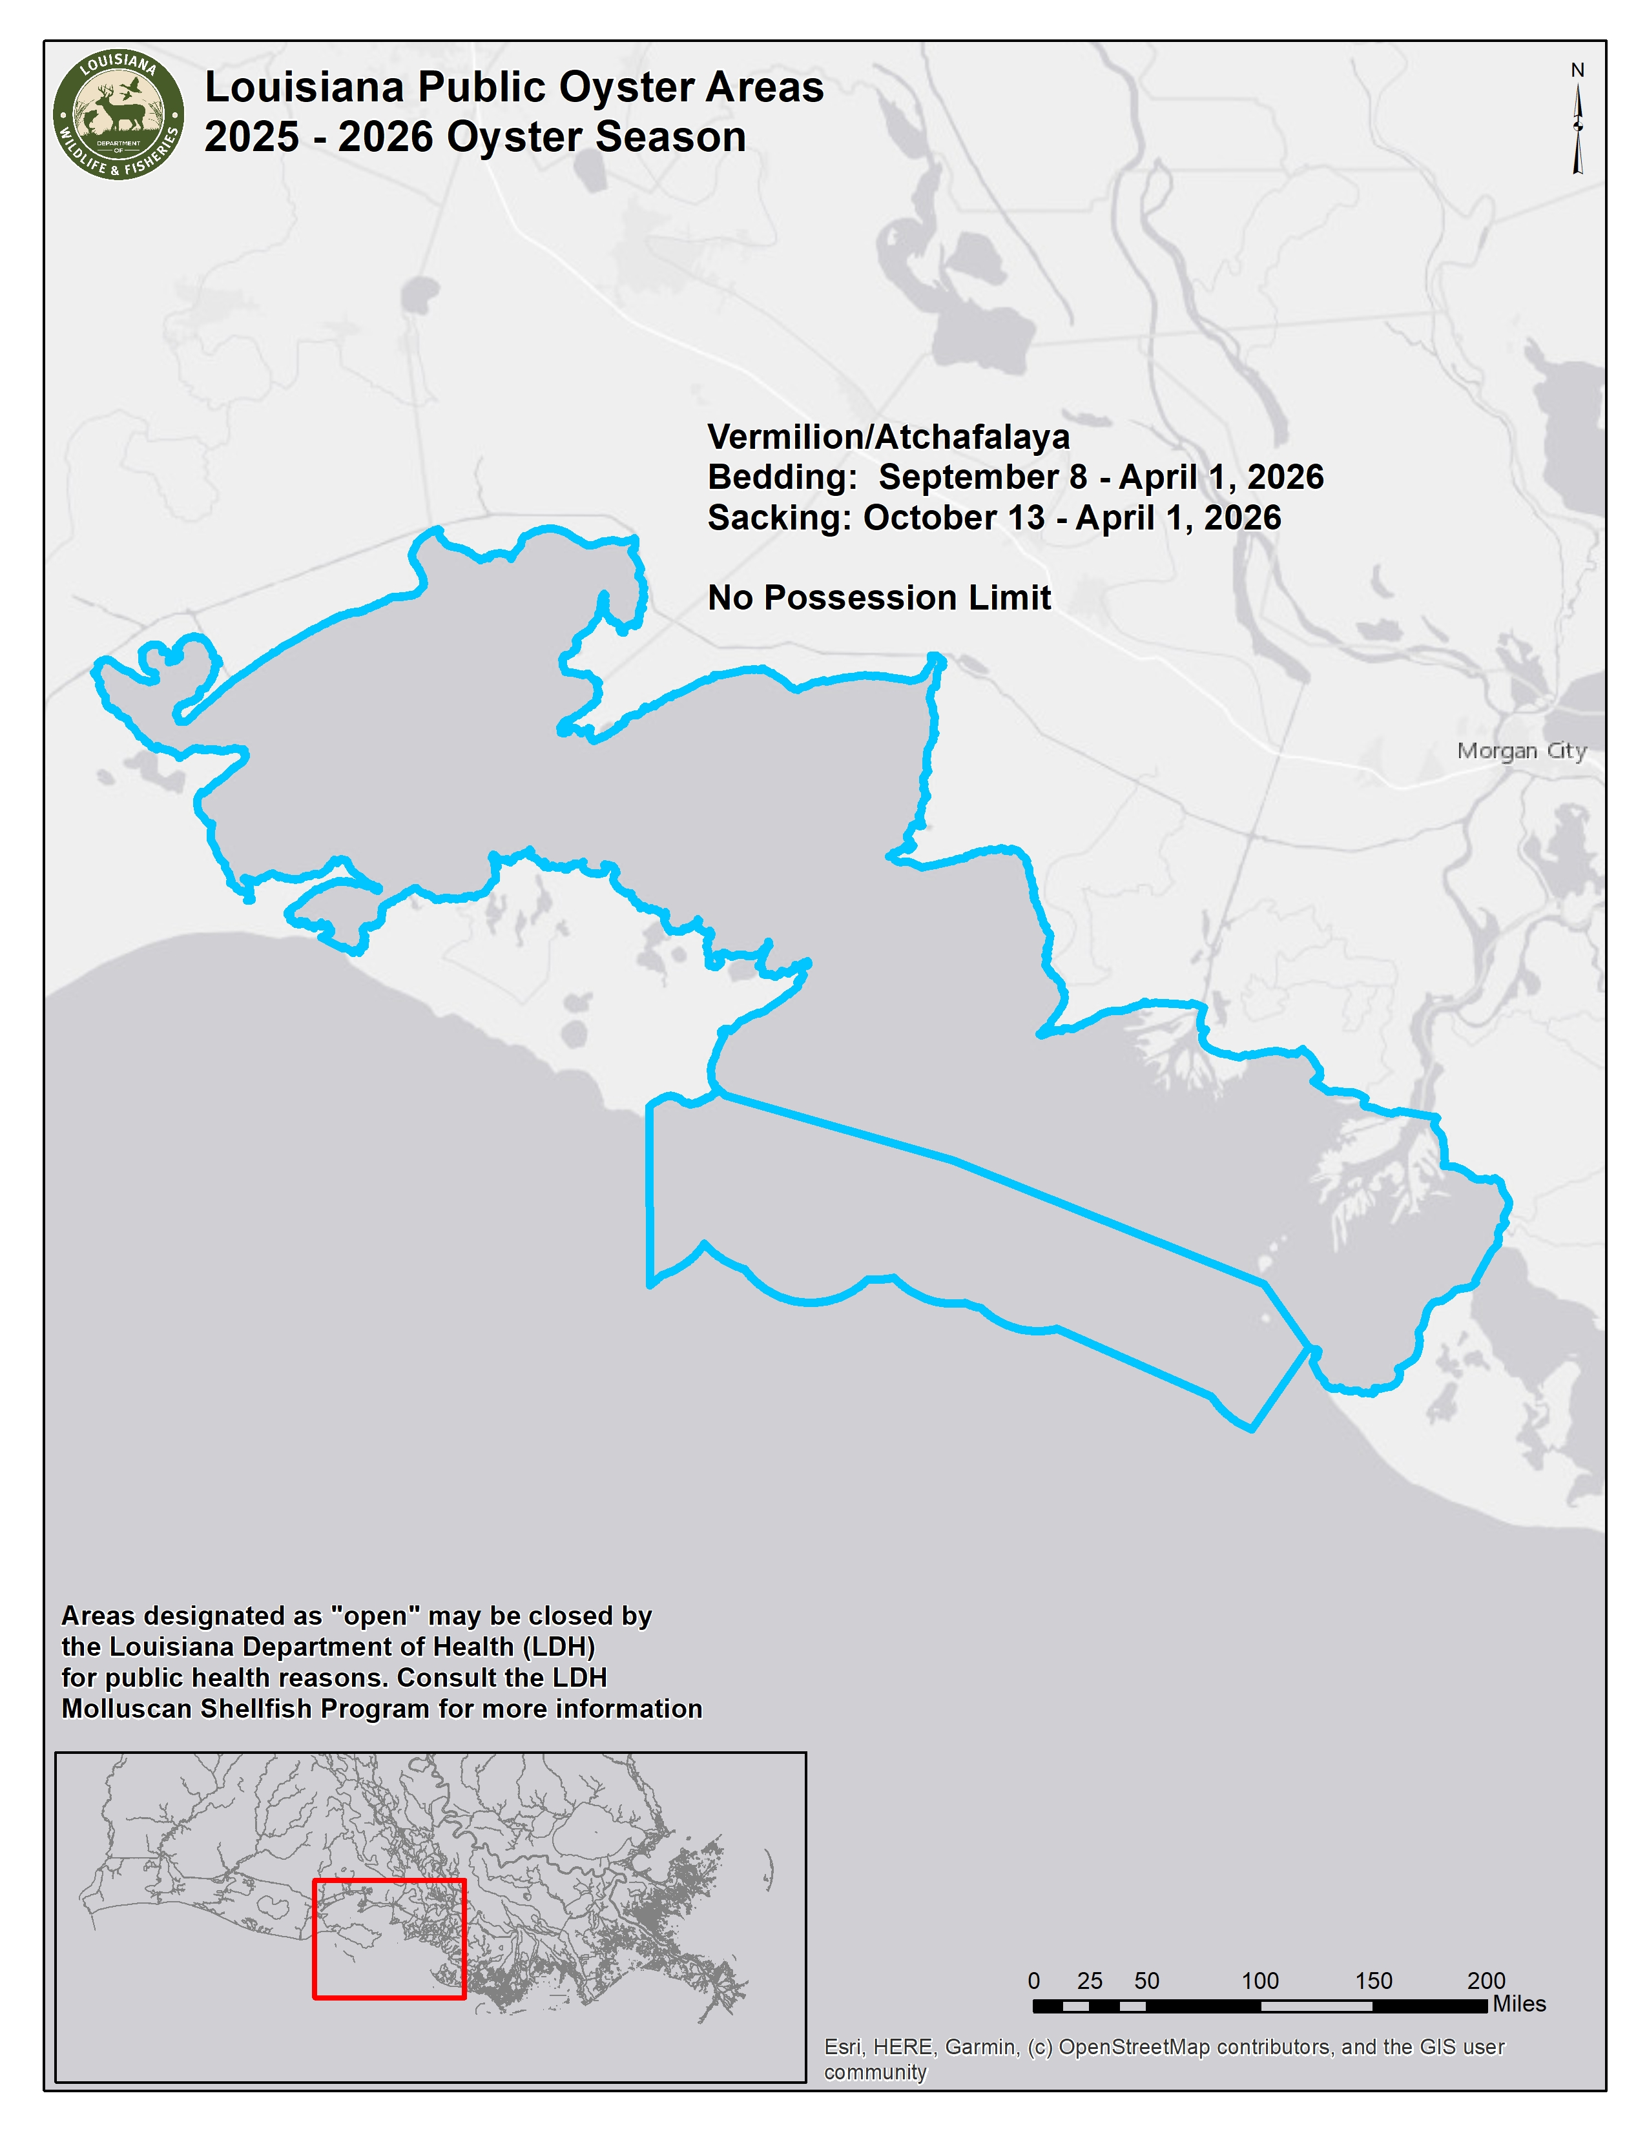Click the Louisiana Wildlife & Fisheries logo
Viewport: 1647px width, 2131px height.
(x=118, y=115)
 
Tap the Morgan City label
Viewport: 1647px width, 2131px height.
(x=1521, y=750)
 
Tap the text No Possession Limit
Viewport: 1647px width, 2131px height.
(x=879, y=597)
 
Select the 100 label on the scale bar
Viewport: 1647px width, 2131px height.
(x=1259, y=1981)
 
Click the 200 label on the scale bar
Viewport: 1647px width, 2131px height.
(x=1486, y=1981)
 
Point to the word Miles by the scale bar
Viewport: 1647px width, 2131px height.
(x=1519, y=2004)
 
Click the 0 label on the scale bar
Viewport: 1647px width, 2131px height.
(x=1034, y=1981)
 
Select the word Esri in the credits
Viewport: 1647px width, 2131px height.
(x=843, y=2047)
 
